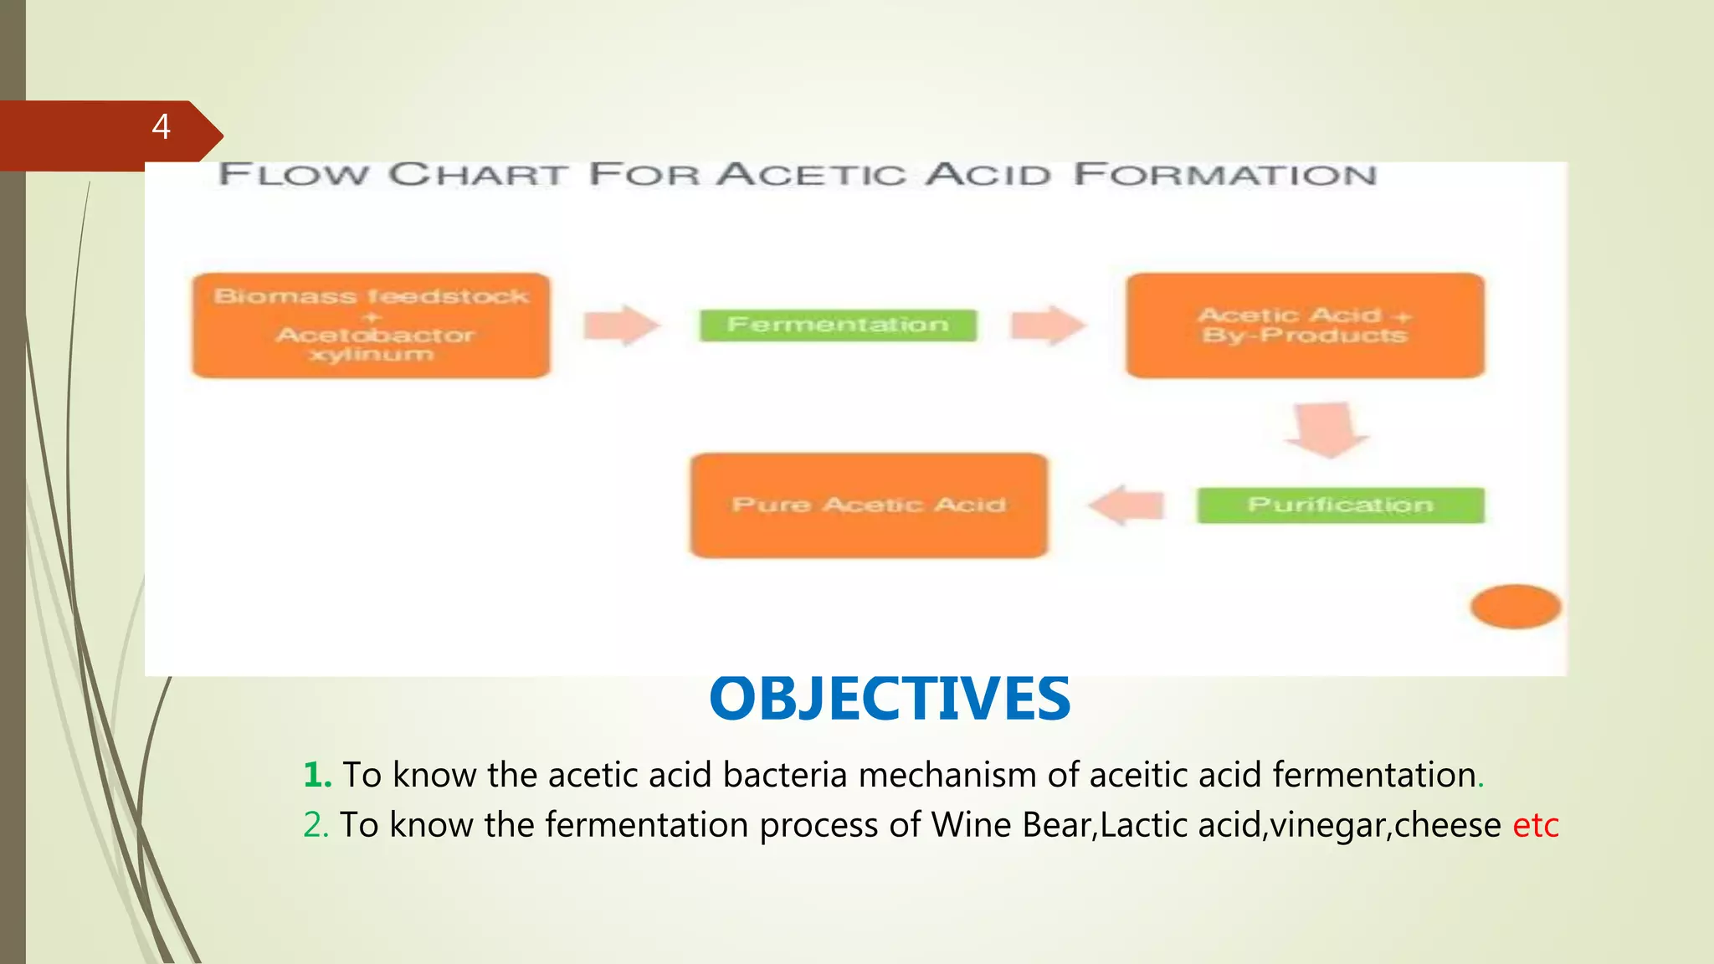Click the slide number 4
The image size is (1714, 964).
click(x=162, y=127)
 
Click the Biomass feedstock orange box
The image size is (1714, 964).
click(x=371, y=326)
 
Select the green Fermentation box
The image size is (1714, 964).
click(x=838, y=325)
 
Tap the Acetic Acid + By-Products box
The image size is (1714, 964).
click(x=1305, y=326)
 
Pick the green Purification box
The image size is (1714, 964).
click(x=1340, y=505)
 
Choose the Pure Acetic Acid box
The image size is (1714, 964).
click(x=869, y=505)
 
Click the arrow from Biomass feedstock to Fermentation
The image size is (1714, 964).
click(x=620, y=325)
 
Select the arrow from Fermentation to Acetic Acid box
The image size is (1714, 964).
click(x=1047, y=325)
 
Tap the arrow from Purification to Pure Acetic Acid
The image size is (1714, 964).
click(x=1127, y=505)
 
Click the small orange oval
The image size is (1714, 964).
click(x=1516, y=607)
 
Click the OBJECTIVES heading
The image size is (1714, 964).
click(x=889, y=700)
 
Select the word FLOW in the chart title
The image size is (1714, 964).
click(x=293, y=175)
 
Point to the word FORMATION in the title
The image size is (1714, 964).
click(x=1225, y=175)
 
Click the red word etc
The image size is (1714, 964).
click(x=1535, y=825)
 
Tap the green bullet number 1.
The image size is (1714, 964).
click(x=317, y=775)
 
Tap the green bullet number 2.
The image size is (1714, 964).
click(x=316, y=825)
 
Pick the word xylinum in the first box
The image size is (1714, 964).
click(x=371, y=355)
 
